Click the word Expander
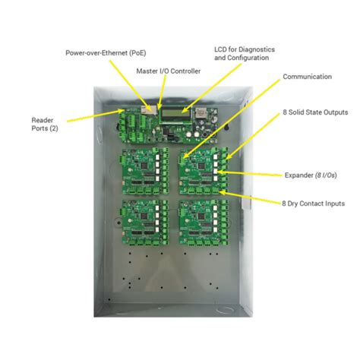click(299, 175)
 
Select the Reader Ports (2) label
click(43, 125)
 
